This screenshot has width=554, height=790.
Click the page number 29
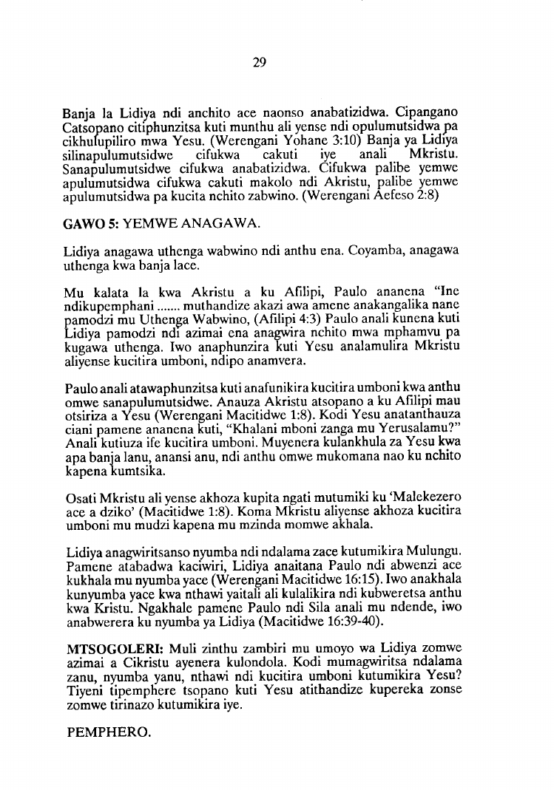(259, 62)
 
